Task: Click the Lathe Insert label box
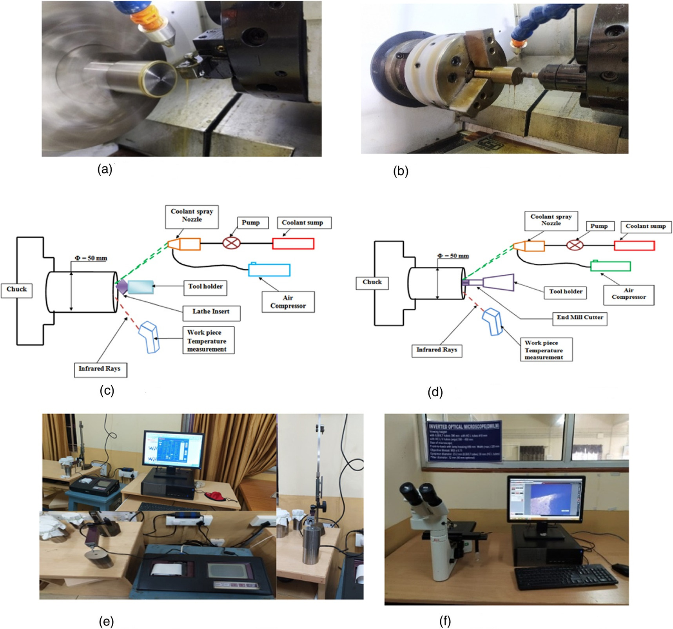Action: (211, 312)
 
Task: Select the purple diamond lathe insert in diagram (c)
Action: (122, 287)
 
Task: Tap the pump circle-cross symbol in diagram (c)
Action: (231, 243)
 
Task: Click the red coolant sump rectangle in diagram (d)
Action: (634, 246)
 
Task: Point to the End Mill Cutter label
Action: (580, 317)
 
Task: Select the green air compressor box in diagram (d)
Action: (610, 266)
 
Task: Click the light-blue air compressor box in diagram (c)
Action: (269, 270)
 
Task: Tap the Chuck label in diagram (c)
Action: (16, 289)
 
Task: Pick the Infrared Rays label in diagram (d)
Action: (437, 350)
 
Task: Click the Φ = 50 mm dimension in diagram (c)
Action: (91, 258)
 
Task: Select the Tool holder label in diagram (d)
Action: (565, 292)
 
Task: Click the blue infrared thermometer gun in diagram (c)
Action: (149, 337)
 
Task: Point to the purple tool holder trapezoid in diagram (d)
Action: (498, 283)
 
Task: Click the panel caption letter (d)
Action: (435, 392)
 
